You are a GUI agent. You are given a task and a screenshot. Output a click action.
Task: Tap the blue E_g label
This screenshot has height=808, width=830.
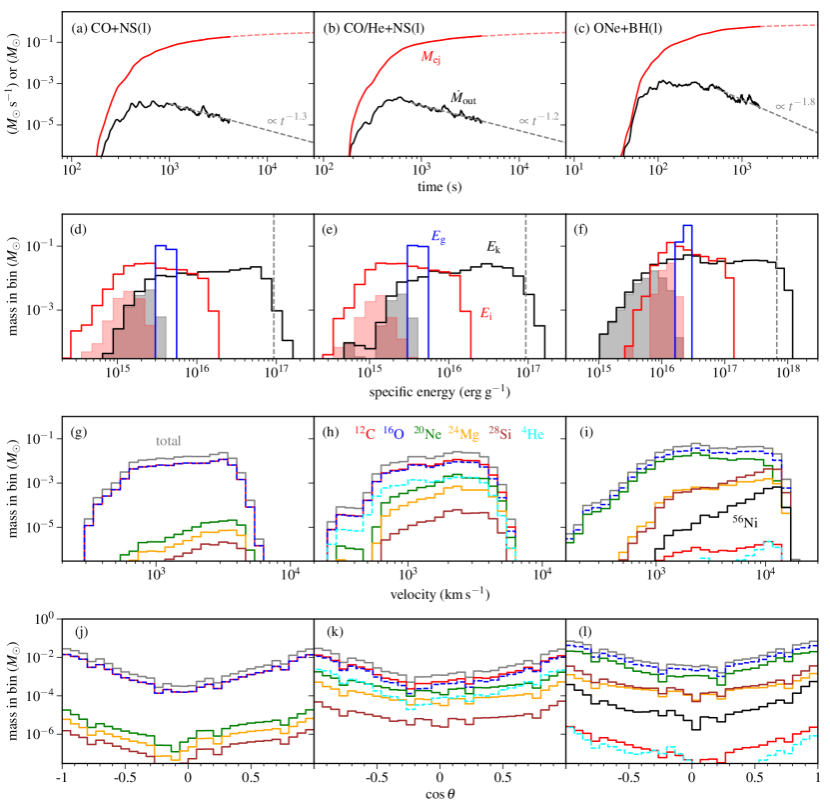(437, 236)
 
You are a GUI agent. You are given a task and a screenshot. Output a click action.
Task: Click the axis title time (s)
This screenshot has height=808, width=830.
(439, 186)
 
